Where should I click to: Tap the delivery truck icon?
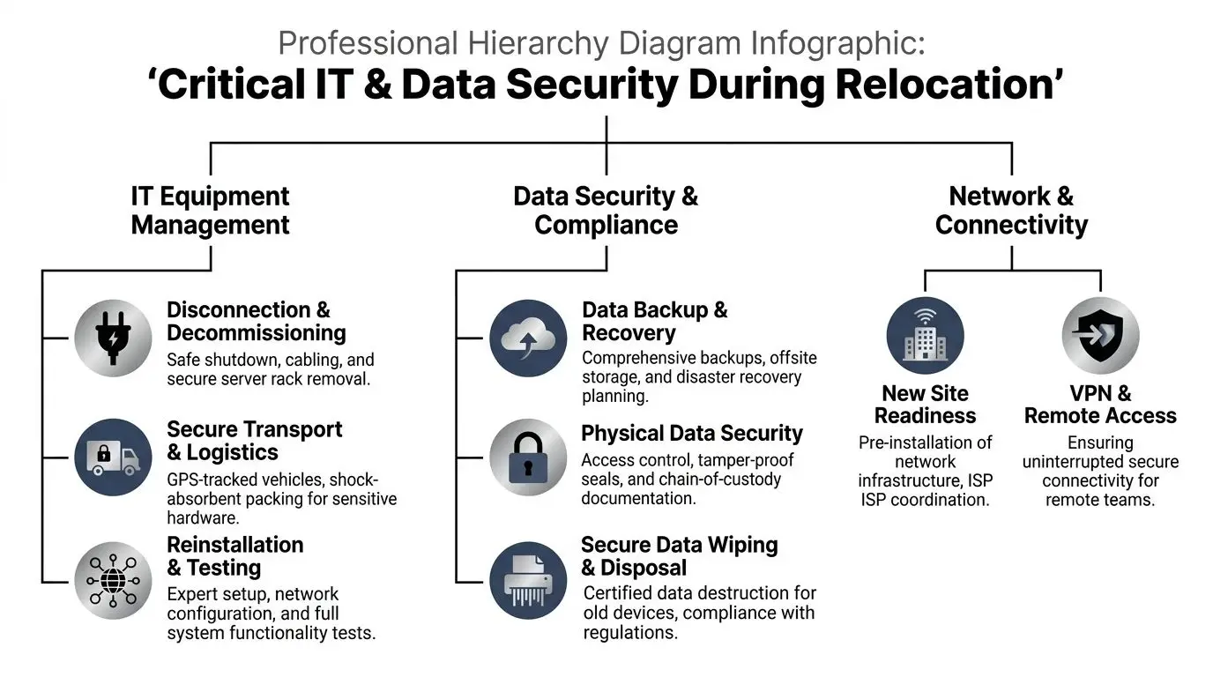click(x=113, y=457)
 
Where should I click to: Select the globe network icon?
click(x=113, y=581)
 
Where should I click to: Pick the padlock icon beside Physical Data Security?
click(x=528, y=458)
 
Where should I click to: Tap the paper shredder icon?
click(x=528, y=581)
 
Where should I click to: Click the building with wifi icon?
click(x=925, y=336)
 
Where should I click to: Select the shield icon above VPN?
click(x=1100, y=336)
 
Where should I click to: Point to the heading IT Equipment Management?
click(x=210, y=210)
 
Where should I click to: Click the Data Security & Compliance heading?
click(x=606, y=210)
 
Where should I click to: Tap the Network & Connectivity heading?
click(x=1011, y=210)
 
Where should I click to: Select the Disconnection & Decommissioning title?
click(x=256, y=321)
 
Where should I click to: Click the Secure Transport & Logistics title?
click(x=254, y=441)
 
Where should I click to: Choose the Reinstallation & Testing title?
click(x=234, y=556)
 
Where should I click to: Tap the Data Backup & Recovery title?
click(x=654, y=321)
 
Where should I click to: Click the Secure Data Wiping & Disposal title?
click(x=679, y=556)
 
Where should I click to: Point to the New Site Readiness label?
click(x=925, y=405)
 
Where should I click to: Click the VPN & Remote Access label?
click(x=1100, y=405)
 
